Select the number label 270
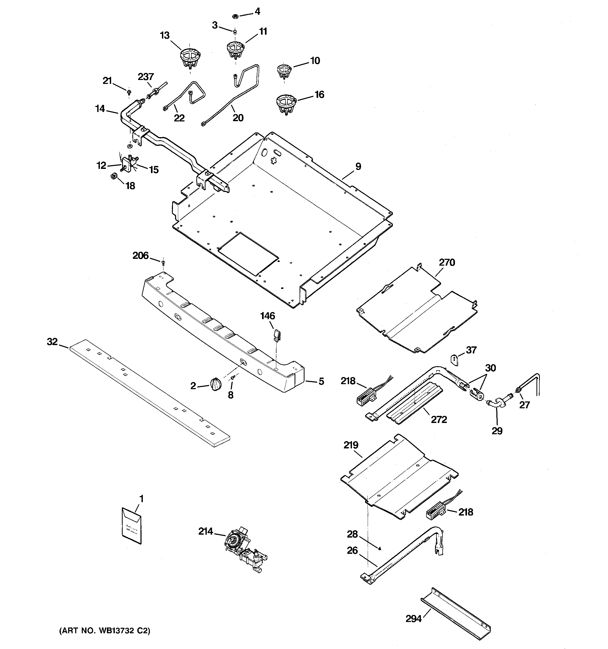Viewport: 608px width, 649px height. pyautogui.click(x=447, y=262)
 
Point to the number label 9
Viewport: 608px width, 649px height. pyautogui.click(x=358, y=167)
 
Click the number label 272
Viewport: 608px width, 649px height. pyautogui.click(x=439, y=420)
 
